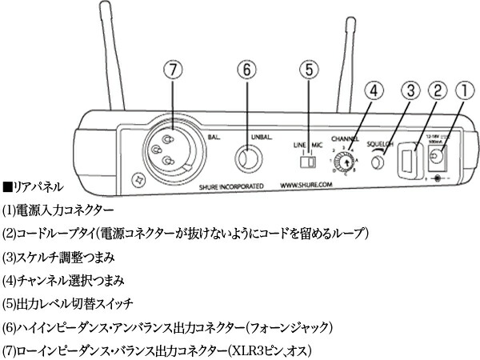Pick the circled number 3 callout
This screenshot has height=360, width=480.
click(408, 89)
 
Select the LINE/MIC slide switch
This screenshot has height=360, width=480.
click(305, 162)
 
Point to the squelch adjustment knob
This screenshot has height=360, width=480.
click(380, 162)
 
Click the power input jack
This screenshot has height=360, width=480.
click(439, 163)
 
